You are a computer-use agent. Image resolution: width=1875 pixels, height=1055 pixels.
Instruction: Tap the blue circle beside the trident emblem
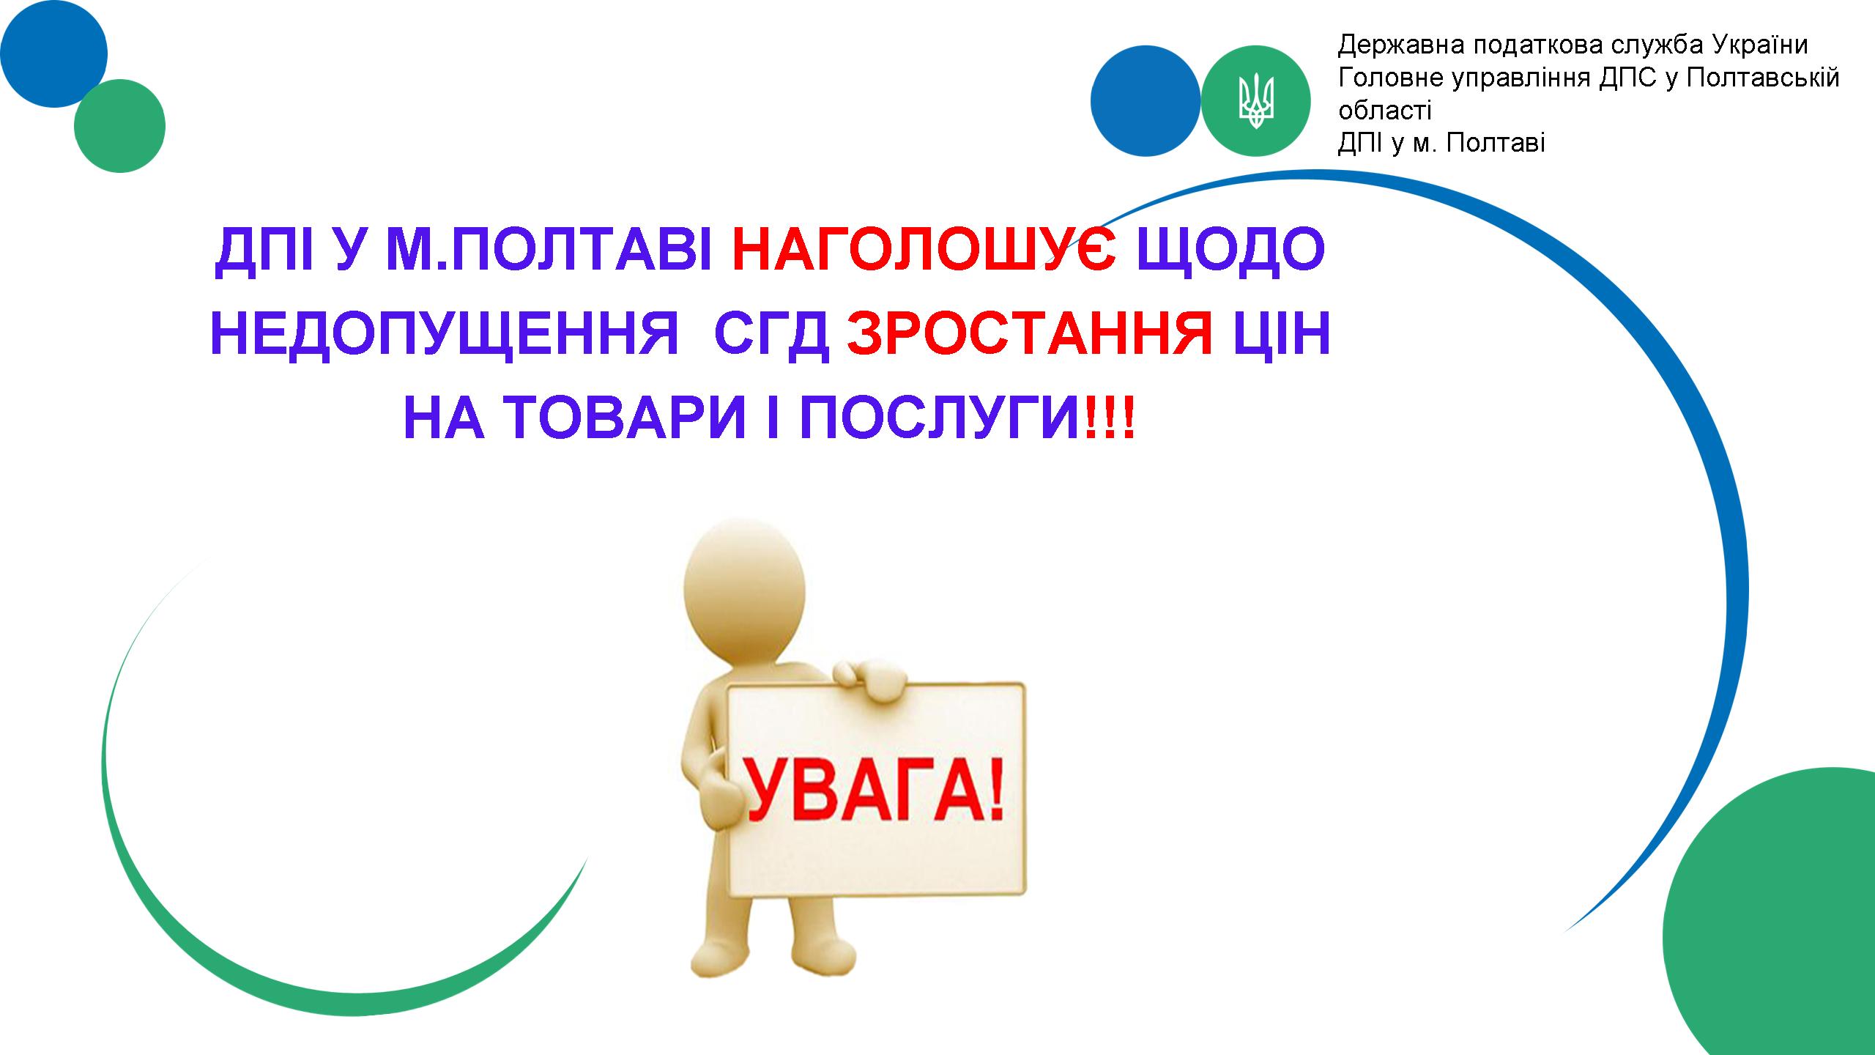1146,100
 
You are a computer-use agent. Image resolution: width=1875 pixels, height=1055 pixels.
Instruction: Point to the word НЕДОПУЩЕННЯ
445,337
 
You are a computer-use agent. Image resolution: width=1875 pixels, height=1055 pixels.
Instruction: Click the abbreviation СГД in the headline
772,337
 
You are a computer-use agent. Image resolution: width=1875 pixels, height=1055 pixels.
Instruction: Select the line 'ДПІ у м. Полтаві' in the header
1441,143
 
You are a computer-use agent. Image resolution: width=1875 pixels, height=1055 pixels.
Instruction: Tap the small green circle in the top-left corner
119,126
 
